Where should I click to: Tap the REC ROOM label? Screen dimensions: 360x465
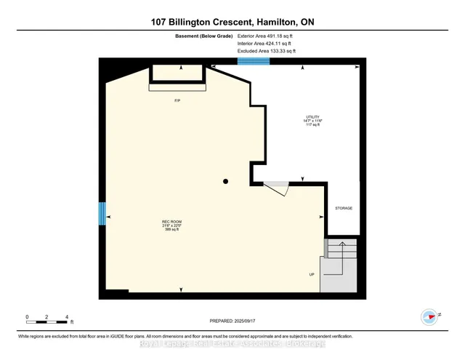[171, 221]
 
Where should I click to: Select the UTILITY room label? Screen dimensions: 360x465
[313, 116]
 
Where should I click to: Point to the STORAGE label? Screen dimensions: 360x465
[344, 208]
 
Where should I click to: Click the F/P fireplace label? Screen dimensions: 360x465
[177, 100]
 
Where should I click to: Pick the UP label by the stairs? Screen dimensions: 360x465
[312, 275]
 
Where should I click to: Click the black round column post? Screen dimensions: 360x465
[226, 182]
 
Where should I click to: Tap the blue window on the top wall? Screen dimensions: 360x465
[254, 62]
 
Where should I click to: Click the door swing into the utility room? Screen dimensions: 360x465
[278, 187]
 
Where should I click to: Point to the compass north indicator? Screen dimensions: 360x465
[429, 316]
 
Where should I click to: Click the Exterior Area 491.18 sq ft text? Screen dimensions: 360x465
[267, 35]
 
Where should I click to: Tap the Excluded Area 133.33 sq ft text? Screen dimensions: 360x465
[267, 51]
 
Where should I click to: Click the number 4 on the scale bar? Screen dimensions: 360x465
[67, 318]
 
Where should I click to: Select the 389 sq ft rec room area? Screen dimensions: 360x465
[171, 230]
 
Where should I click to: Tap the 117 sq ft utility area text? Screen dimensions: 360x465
[313, 125]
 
